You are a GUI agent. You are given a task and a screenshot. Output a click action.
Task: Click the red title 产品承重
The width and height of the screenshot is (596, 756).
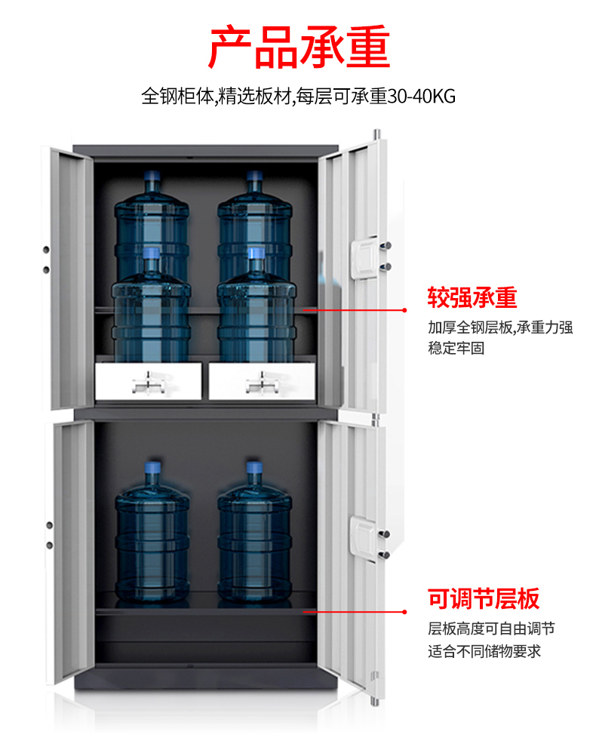[299, 47]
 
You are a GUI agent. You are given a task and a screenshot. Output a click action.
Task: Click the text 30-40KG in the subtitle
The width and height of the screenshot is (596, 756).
[422, 97]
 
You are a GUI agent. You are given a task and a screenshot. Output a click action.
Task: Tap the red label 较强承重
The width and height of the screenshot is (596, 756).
[472, 297]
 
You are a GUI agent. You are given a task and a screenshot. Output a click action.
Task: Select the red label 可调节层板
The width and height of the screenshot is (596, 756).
[484, 599]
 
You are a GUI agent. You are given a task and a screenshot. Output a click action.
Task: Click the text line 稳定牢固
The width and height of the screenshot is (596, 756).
[456, 348]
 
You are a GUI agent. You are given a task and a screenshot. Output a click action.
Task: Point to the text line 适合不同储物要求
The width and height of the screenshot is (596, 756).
[484, 651]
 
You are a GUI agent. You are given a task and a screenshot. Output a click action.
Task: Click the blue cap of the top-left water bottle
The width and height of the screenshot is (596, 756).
[152, 176]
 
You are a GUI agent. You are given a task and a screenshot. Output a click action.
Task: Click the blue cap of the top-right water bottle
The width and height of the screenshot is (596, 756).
[254, 176]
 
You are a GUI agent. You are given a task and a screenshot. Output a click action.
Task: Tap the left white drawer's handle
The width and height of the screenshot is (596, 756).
[149, 383]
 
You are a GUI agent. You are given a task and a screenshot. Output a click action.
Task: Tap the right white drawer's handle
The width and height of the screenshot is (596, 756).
[263, 383]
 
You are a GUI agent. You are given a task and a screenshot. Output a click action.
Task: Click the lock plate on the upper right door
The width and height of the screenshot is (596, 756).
[365, 257]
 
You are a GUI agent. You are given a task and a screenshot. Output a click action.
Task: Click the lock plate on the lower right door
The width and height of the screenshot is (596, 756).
[364, 539]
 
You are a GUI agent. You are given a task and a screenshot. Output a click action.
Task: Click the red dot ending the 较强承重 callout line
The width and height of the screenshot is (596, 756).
[404, 310]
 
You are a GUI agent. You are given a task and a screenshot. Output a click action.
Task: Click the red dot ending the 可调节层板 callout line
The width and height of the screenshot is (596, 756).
[404, 612]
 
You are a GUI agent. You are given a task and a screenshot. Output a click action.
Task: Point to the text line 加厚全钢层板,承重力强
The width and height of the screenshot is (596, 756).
[500, 327]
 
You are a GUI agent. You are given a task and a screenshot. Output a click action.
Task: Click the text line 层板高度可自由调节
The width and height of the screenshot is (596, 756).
[491, 628]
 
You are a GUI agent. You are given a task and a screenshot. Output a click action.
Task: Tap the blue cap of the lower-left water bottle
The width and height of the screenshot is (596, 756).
[153, 467]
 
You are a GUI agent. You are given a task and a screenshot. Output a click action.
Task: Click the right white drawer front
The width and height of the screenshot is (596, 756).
[262, 381]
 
